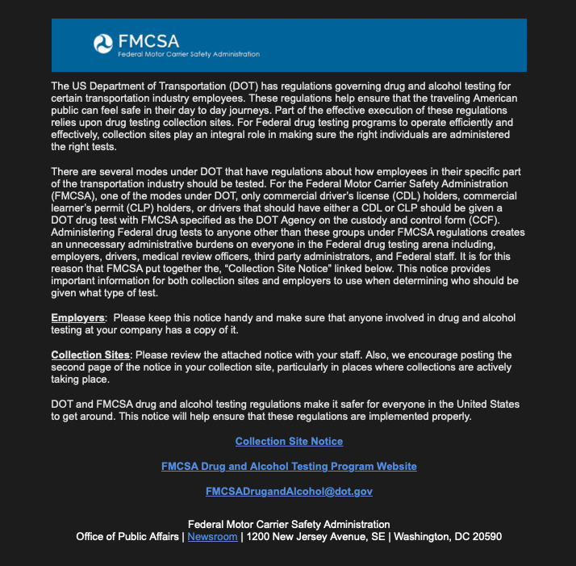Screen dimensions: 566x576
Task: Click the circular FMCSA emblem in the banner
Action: tap(105, 44)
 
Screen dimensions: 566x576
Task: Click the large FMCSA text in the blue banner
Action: tap(148, 40)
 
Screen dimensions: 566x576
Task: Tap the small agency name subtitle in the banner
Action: tap(189, 54)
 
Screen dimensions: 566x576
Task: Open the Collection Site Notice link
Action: tap(289, 442)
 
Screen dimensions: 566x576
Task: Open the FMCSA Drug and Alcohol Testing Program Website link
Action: tap(289, 466)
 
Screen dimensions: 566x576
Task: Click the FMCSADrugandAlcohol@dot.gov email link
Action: tap(289, 491)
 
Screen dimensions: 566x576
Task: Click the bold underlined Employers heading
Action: tap(77, 318)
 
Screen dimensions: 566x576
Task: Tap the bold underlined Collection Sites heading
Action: tap(90, 355)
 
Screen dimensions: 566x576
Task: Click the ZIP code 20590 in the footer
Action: tap(486, 536)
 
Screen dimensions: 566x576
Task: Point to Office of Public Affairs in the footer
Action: tap(128, 536)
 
